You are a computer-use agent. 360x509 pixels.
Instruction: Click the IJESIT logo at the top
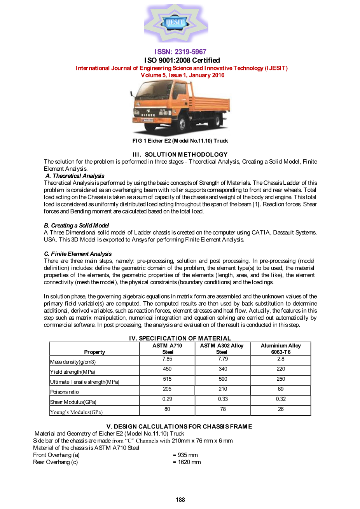[176, 23]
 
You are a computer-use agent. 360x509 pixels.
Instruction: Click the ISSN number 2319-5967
[180, 52]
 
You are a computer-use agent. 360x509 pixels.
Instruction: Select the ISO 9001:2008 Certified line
[182, 60]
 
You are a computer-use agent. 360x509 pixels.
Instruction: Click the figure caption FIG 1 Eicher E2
[180, 141]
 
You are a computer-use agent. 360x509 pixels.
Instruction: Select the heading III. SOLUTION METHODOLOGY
[180, 154]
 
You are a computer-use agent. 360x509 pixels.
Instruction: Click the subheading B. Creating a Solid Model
[76, 226]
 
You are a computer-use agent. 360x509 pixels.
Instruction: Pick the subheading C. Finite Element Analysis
[78, 254]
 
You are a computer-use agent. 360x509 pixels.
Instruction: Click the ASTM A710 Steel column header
[167, 348]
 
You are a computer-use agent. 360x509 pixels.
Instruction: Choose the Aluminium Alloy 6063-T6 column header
[281, 348]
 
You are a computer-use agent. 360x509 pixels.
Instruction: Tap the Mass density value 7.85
[167, 359]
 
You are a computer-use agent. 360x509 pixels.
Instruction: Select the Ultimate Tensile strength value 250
[281, 379]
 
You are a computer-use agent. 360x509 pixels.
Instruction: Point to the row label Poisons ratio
[65, 392]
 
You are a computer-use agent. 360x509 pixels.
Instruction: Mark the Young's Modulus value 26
[281, 409]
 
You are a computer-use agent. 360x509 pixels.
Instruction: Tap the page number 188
[180, 500]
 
